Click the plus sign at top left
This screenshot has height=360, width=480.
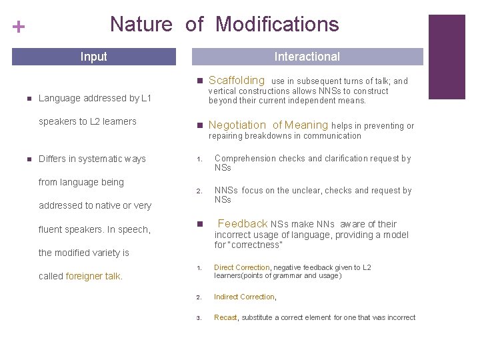click(x=19, y=27)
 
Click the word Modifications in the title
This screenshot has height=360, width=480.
click(x=277, y=25)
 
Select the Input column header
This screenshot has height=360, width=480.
click(x=93, y=57)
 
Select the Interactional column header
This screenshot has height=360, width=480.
click(x=307, y=57)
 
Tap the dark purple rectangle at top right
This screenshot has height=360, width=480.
click(x=446, y=57)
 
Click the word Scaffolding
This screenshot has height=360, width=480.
click(x=237, y=80)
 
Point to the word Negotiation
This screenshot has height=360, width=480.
click(x=237, y=125)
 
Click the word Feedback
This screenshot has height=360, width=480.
click(x=243, y=223)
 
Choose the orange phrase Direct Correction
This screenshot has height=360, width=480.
click(x=241, y=267)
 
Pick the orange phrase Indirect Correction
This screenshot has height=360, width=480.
click(x=244, y=297)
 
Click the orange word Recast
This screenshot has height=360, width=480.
click(x=225, y=317)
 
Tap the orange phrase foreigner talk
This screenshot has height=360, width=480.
click(x=93, y=276)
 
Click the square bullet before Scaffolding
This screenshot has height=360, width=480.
click(x=199, y=81)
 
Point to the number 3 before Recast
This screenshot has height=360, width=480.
click(x=199, y=318)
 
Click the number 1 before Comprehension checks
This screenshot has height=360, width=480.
click(x=199, y=159)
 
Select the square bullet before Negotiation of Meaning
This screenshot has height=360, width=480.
click(x=199, y=125)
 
